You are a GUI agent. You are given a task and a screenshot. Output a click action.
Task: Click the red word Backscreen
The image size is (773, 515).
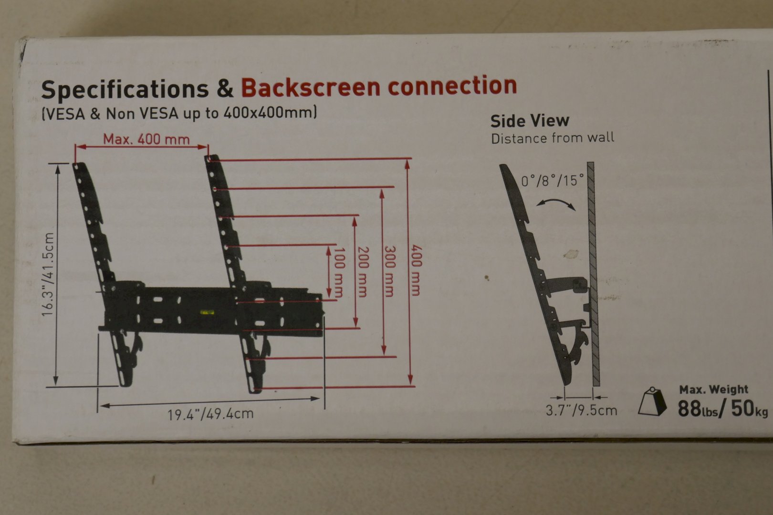pos(311,87)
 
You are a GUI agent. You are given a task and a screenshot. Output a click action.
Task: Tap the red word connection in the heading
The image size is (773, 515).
pos(452,85)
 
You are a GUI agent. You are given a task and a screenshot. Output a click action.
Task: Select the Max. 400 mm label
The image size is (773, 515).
pos(146,139)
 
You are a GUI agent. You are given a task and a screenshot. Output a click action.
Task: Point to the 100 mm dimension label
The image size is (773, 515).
pos(339,272)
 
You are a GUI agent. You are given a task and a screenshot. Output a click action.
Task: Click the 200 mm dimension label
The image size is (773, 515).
pos(363,271)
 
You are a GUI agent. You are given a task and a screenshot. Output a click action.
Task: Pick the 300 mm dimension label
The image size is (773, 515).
pos(389,271)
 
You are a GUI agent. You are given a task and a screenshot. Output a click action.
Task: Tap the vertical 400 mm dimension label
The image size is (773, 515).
pos(416,270)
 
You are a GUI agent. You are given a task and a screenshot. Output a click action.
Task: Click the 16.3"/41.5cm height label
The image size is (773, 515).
pos(48,275)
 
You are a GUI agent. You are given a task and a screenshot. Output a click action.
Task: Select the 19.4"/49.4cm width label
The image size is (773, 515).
pos(210,413)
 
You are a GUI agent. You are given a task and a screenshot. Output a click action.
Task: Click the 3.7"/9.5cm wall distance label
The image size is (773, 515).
pos(582,411)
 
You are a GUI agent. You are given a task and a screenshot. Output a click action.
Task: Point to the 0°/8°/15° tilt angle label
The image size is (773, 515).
pos(553,180)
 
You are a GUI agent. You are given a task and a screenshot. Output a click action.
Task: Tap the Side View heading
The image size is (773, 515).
pos(530,121)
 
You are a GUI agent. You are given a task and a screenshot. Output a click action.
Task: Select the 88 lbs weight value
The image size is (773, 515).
pos(698,409)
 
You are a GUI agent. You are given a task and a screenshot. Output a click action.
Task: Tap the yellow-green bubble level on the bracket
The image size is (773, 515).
pos(207,312)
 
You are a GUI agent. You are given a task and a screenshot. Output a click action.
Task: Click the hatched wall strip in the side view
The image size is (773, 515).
pos(594,274)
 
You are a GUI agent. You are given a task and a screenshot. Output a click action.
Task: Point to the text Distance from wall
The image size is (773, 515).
pos(553,138)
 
